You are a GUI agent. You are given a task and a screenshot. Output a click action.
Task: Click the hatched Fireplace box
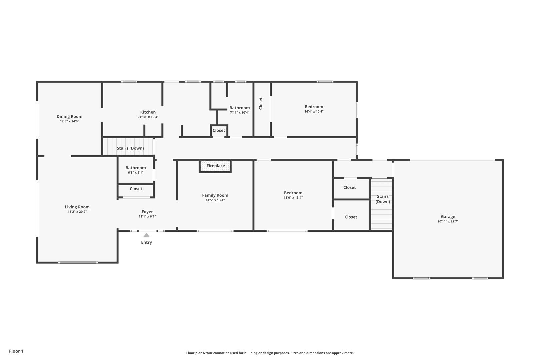pyautogui.click(x=215, y=166)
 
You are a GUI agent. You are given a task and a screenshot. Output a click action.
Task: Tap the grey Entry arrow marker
pyautogui.click(x=146, y=235)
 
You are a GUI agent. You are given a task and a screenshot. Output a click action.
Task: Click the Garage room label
pyautogui.click(x=448, y=217)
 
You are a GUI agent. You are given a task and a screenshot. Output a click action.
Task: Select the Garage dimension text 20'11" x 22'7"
pyautogui.click(x=448, y=221)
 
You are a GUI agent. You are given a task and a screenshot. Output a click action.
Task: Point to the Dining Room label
pyautogui.click(x=69, y=116)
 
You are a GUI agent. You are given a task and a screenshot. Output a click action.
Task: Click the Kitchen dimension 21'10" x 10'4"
pyautogui.click(x=148, y=117)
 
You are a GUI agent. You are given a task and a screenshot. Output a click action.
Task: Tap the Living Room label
pyautogui.click(x=77, y=207)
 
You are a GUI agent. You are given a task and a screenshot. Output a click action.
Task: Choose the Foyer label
pyautogui.click(x=147, y=212)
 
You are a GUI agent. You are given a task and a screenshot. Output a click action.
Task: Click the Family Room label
pyautogui.click(x=215, y=195)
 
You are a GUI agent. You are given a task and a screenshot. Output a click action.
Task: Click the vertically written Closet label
pyautogui.click(x=261, y=103)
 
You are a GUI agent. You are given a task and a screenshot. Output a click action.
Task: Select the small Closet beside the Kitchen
pyautogui.click(x=219, y=131)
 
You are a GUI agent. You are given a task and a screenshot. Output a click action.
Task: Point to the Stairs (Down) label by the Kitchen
pyautogui.click(x=130, y=148)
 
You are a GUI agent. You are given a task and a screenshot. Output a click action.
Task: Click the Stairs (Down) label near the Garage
pyautogui.click(x=383, y=199)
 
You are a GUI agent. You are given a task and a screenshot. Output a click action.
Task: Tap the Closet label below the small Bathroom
pyautogui.click(x=136, y=189)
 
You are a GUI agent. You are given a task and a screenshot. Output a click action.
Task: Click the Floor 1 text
pyautogui.click(x=16, y=351)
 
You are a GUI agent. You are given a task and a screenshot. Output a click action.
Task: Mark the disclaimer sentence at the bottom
pyautogui.click(x=270, y=353)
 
